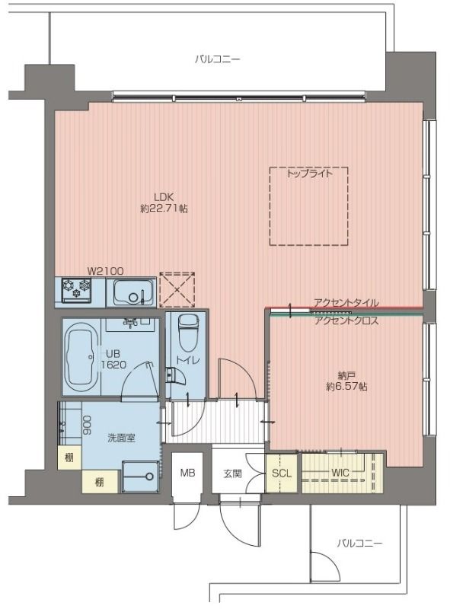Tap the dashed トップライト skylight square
[308, 206]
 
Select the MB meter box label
[187, 473]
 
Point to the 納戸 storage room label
[346, 375]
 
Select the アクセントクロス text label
[346, 320]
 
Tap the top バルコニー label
[217, 58]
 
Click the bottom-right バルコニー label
[359, 543]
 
